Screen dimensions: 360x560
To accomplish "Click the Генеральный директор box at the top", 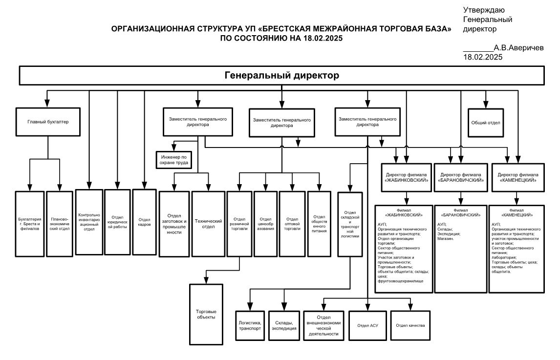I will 281,76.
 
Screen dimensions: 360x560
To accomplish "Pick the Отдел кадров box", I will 144,222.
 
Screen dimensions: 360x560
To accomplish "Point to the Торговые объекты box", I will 206,314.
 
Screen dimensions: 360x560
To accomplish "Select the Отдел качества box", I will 410,325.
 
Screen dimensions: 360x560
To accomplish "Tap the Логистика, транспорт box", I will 250,325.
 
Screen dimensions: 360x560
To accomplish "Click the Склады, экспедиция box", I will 283,325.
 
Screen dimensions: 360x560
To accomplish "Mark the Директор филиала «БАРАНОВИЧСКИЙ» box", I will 461,177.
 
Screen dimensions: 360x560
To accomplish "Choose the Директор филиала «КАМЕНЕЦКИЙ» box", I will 517,177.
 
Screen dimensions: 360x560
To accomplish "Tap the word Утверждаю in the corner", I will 484,10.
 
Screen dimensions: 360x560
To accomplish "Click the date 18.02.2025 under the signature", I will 483,57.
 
